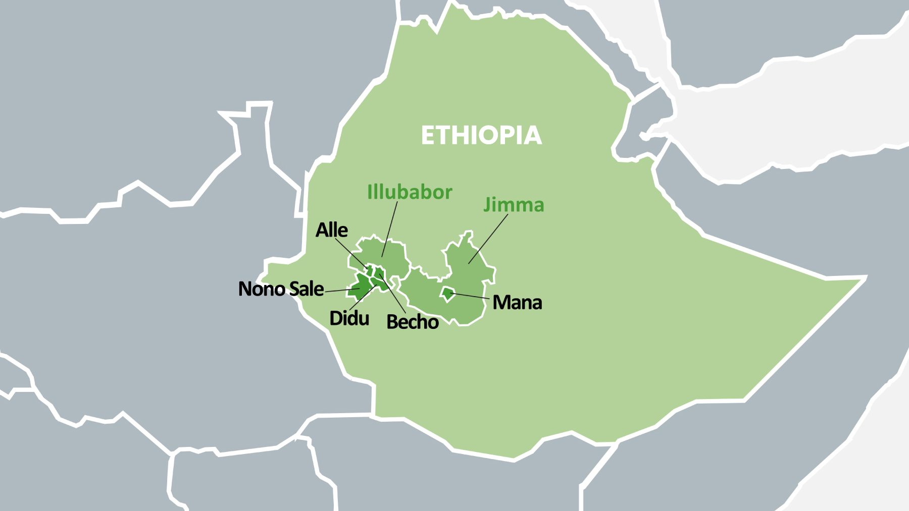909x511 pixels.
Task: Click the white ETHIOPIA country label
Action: click(x=481, y=136)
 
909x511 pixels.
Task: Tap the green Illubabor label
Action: click(x=410, y=192)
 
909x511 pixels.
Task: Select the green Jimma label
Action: click(x=514, y=205)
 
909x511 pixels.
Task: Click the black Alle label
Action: click(x=331, y=230)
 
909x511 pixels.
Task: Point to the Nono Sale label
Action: click(x=281, y=289)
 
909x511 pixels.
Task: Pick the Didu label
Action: click(x=349, y=318)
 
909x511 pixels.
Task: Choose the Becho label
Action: click(x=412, y=322)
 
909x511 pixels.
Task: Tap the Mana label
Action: click(x=517, y=303)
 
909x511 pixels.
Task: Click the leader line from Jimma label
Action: click(x=488, y=239)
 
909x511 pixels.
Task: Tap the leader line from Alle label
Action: click(x=351, y=254)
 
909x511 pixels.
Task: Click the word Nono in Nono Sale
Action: click(x=262, y=289)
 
